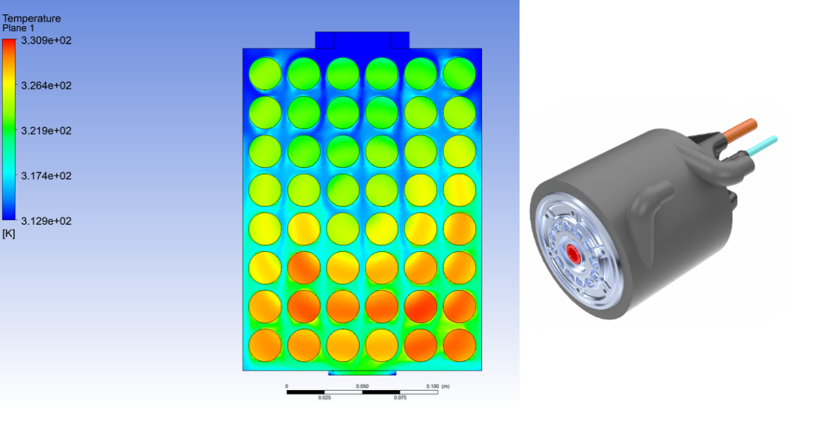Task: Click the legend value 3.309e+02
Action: point(46,40)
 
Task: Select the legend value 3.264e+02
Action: point(46,86)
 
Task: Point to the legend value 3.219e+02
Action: point(46,131)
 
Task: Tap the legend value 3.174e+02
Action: point(46,176)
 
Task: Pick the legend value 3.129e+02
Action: point(46,221)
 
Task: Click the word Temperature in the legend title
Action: point(31,18)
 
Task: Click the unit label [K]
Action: point(9,234)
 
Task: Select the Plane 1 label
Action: point(18,28)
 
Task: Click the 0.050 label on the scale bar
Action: point(362,386)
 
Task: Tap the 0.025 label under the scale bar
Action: point(324,398)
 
